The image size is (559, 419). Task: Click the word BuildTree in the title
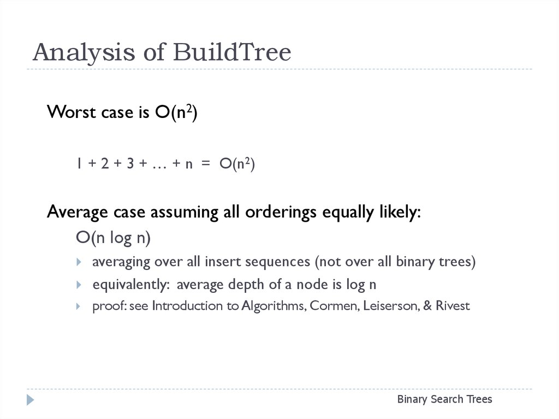[x=232, y=52]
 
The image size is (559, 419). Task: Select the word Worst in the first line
[x=72, y=111]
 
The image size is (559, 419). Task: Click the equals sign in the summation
[x=206, y=163]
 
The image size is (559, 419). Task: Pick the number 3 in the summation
[x=130, y=163]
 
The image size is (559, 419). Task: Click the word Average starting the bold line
[x=78, y=211]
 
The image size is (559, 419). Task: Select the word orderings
[x=281, y=211]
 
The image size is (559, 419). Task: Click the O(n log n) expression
[x=114, y=238]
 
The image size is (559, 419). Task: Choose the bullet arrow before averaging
[x=79, y=262]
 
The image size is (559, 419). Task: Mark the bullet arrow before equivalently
[x=79, y=285]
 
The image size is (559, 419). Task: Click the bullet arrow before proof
[x=79, y=306]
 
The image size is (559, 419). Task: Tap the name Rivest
[x=453, y=305]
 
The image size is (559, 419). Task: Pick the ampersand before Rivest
[x=427, y=305]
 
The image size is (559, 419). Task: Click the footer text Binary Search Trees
[x=444, y=399]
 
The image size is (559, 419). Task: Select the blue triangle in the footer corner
[x=31, y=400]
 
